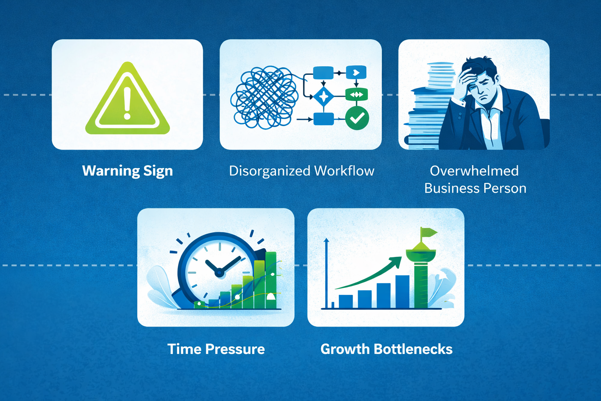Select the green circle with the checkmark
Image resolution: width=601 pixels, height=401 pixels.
point(357,118)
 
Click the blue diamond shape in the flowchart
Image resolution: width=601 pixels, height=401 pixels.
point(324,96)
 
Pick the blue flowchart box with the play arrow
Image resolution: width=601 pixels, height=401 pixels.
point(356,72)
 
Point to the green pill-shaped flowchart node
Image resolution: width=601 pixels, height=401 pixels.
point(356,94)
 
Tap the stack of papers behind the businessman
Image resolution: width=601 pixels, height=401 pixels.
point(426,110)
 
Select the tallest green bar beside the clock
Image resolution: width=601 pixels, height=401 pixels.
point(271,280)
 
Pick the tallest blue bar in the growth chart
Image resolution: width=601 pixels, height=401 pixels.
point(402,291)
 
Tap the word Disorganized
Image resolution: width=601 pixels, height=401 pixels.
point(270,171)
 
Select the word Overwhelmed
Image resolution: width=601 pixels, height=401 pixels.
point(474,171)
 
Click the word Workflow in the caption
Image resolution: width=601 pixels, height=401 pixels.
point(344,171)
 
